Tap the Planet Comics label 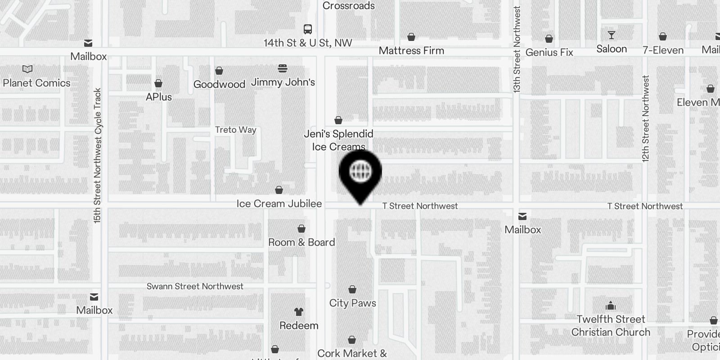(x=36, y=83)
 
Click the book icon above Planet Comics (x=27, y=69)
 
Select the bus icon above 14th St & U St (x=308, y=30)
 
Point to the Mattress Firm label (x=411, y=51)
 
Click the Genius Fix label (x=549, y=53)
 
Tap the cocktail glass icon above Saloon (x=611, y=35)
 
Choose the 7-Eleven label (x=663, y=50)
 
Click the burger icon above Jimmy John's (x=283, y=68)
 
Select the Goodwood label (x=219, y=85)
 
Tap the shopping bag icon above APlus (x=158, y=83)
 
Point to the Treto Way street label (x=235, y=130)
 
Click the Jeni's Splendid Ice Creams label (x=338, y=140)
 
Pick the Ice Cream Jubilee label (x=279, y=204)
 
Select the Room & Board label (x=301, y=243)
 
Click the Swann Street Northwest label (x=195, y=287)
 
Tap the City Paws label (x=352, y=303)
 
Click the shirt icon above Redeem (x=299, y=311)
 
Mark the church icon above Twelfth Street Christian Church (x=611, y=306)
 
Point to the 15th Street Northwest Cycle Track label (x=98, y=155)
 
